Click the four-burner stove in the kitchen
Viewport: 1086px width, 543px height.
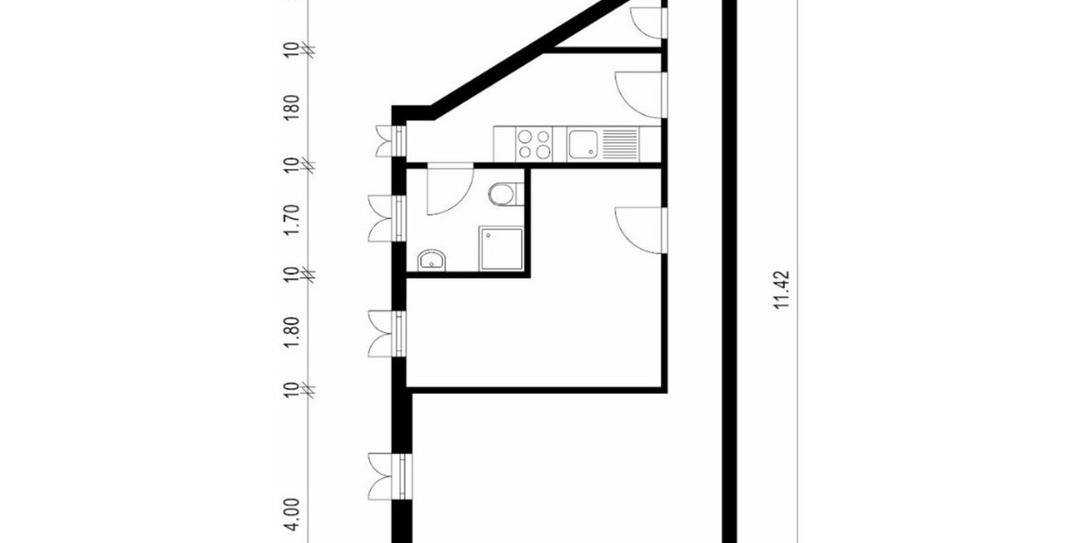pyautogui.click(x=534, y=145)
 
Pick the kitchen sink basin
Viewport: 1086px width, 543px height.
pyautogui.click(x=582, y=143)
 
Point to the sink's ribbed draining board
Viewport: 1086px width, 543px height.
pyautogui.click(x=619, y=143)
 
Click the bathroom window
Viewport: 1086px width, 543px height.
pyautogui.click(x=387, y=218)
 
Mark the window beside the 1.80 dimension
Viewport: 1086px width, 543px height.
pyautogui.click(x=387, y=334)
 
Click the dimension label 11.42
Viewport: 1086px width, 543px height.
pyautogui.click(x=784, y=291)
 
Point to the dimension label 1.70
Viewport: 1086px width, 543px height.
pyautogui.click(x=291, y=220)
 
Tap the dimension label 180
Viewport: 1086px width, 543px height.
pyautogui.click(x=291, y=106)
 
